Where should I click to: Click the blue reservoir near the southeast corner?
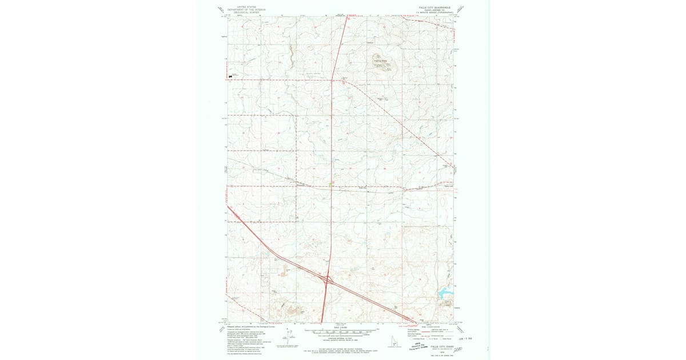444,294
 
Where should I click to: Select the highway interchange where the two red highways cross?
327,280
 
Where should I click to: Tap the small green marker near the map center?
332,183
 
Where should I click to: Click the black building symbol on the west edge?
230,75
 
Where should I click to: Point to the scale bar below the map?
342,330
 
